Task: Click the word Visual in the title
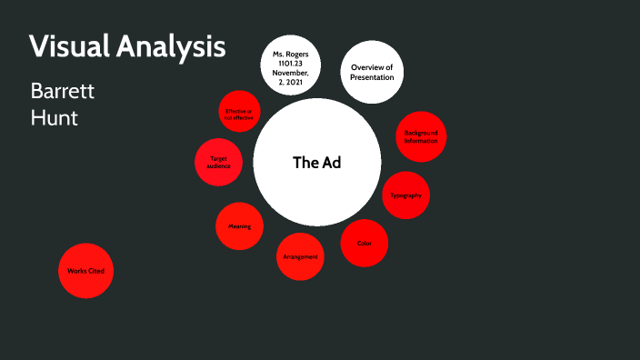[68, 47]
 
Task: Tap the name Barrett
[63, 92]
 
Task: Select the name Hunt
[55, 117]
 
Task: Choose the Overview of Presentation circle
[372, 72]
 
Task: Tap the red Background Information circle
[421, 137]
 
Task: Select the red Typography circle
[405, 195]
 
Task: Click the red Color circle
[365, 243]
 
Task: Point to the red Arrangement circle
[300, 256]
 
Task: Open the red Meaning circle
[240, 225]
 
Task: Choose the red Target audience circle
[218, 163]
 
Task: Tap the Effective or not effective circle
[241, 114]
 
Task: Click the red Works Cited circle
[86, 271]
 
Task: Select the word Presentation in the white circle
[372, 77]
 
